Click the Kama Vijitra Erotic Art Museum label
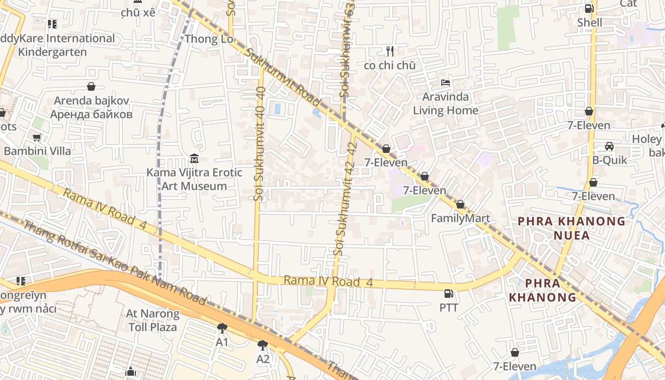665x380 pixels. pyautogui.click(x=194, y=179)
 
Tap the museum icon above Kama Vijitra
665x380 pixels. pyautogui.click(x=194, y=158)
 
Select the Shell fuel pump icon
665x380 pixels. pyautogui.click(x=589, y=8)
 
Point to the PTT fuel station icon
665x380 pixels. pyautogui.click(x=448, y=294)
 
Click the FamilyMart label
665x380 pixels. pyautogui.click(x=460, y=218)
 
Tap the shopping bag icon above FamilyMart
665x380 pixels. pyautogui.click(x=460, y=205)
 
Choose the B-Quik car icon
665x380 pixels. pyautogui.click(x=609, y=146)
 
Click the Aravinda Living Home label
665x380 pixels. pyautogui.click(x=445, y=104)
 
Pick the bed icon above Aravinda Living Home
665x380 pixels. pyautogui.click(x=445, y=83)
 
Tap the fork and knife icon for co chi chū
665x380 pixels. pyautogui.click(x=390, y=51)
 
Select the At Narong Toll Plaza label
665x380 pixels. pyautogui.click(x=152, y=320)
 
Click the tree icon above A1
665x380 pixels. pyautogui.click(x=222, y=328)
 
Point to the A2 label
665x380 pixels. pyautogui.click(x=263, y=359)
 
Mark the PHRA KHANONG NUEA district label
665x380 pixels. pyautogui.click(x=571, y=228)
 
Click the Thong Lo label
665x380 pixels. pyautogui.click(x=209, y=38)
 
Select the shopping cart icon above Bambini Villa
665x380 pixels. pyautogui.click(x=37, y=137)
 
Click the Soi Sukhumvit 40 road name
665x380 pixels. pyautogui.click(x=259, y=142)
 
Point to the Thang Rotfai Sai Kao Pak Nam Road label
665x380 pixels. pyautogui.click(x=114, y=263)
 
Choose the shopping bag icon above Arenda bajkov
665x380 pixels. pyautogui.click(x=91, y=86)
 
